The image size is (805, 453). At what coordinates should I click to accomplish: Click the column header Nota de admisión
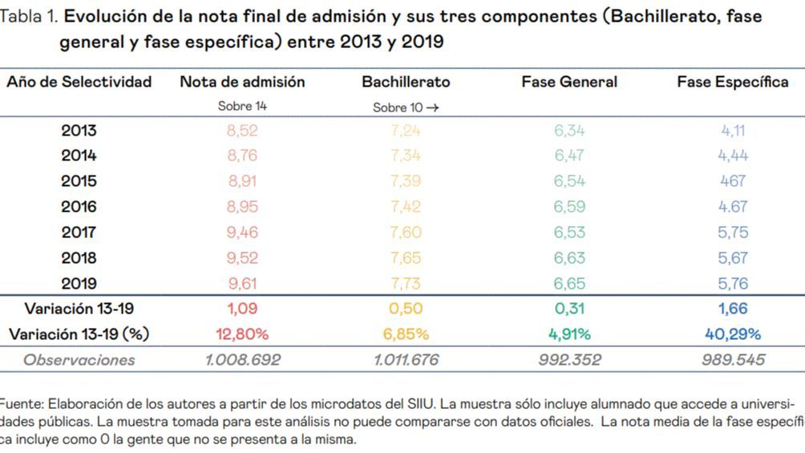242,82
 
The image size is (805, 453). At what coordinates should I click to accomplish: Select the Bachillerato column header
406,82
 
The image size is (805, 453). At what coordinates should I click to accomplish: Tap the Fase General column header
569,82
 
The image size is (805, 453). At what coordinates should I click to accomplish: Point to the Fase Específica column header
732,82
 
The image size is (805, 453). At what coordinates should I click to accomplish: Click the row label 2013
79,131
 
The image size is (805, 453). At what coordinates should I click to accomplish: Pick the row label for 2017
79,233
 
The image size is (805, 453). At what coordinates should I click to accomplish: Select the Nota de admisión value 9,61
242,283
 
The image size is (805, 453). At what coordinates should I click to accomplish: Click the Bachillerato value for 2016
405,207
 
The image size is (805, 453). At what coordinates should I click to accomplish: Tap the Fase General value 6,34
569,131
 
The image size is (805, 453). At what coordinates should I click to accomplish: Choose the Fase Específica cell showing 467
733,181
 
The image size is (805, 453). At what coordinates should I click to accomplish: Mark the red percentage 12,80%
242,334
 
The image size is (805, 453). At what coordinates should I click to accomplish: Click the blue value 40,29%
733,334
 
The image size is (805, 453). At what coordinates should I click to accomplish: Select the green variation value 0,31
569,309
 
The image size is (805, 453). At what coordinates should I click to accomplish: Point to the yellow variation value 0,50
406,309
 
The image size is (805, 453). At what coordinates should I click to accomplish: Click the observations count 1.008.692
242,360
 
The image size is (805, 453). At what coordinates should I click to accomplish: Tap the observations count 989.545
733,360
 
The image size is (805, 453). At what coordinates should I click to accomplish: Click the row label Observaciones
79,360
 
